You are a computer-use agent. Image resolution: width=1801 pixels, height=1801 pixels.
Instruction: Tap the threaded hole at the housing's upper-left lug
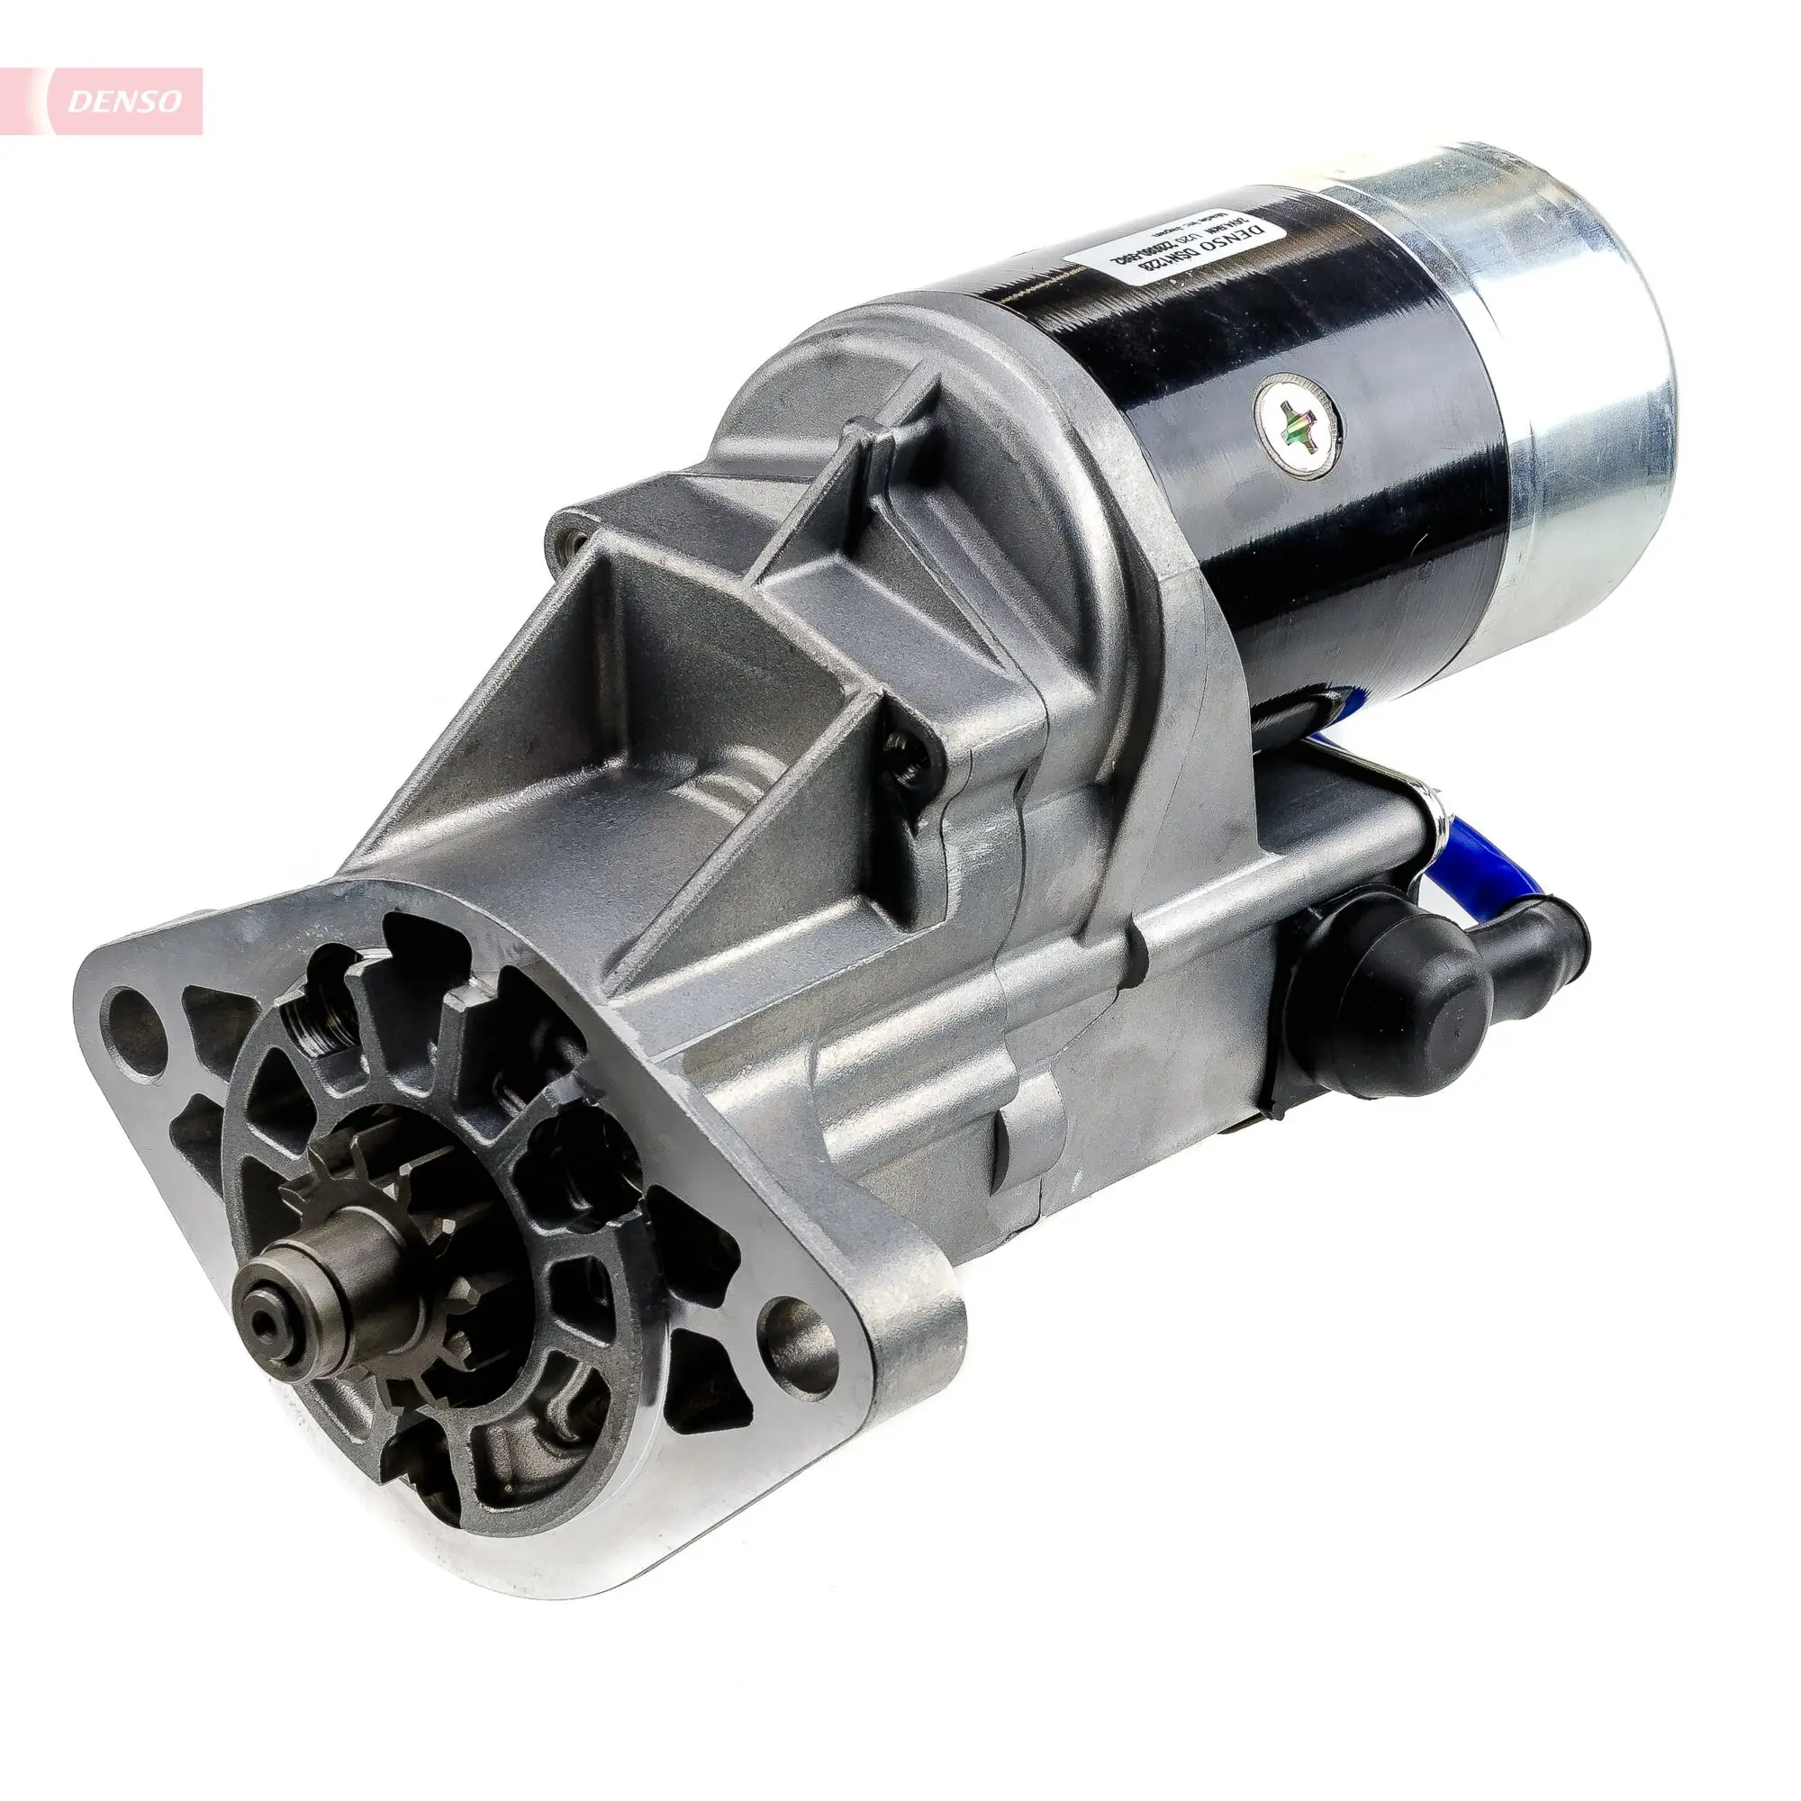coord(572,538)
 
